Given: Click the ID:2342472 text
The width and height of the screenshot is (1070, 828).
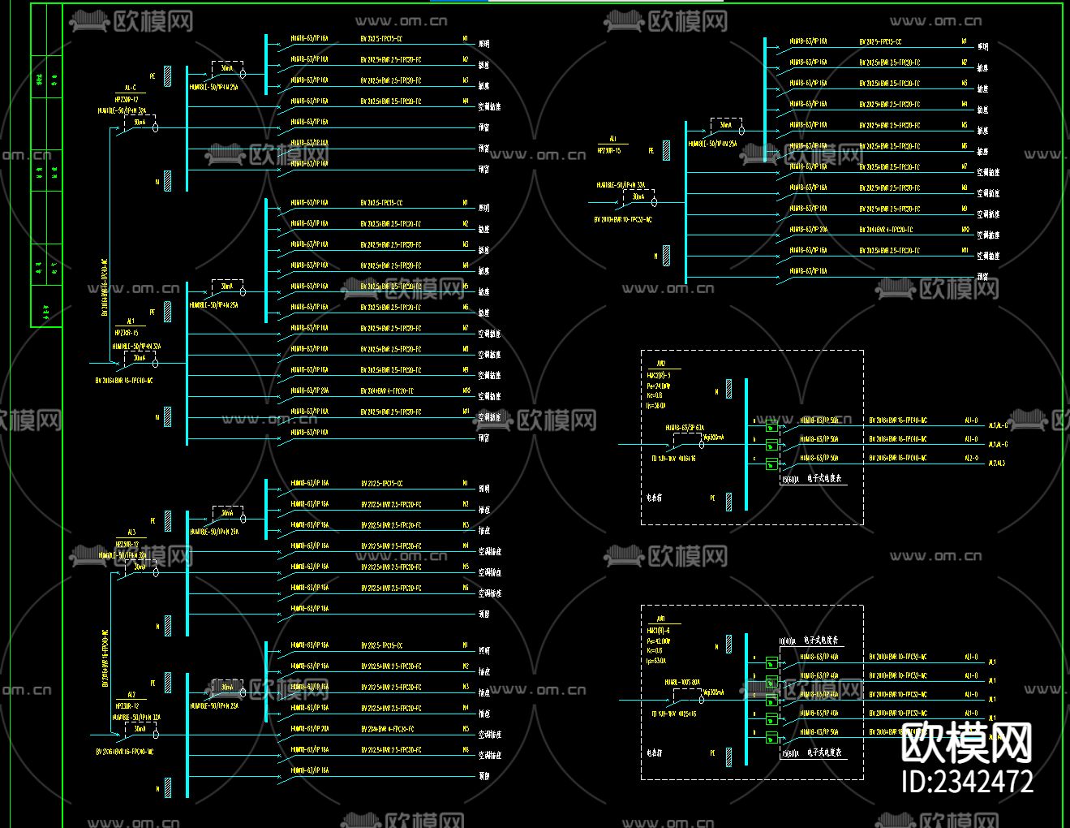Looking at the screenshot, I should click(967, 782).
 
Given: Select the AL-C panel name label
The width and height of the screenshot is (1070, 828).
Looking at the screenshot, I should click(130, 88).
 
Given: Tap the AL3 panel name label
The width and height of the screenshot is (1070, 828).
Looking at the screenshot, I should click(131, 533).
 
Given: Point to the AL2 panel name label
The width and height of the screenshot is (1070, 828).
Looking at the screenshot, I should click(131, 696).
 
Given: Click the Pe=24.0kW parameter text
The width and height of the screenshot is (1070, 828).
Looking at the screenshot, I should click(659, 386).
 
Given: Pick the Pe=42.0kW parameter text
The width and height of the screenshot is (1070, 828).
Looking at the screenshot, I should click(659, 640).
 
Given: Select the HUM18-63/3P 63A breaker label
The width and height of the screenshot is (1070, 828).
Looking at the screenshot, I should click(685, 428).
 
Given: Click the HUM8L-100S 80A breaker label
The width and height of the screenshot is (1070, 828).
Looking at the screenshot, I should click(682, 683).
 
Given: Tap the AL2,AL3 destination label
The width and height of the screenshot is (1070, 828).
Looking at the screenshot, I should click(996, 464).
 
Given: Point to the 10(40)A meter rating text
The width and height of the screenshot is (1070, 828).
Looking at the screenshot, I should click(788, 641).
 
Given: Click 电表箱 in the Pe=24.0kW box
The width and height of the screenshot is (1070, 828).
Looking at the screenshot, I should click(654, 498).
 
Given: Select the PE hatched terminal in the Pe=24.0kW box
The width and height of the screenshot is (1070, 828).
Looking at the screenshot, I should click(729, 501).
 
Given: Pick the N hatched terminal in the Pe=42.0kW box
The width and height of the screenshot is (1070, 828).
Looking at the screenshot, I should click(729, 645).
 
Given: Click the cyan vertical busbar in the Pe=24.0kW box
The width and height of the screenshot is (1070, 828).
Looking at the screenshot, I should click(746, 444).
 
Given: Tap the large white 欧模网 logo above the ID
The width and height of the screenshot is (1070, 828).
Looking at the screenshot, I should click(967, 740).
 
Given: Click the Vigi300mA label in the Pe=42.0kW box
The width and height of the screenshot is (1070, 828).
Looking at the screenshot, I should click(713, 692).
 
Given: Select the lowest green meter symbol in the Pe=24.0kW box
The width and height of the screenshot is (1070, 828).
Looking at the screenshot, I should click(771, 464).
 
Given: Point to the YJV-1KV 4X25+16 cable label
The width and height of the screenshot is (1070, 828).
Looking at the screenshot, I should click(673, 714).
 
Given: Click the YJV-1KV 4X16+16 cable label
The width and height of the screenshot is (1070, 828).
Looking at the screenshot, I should click(673, 459).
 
